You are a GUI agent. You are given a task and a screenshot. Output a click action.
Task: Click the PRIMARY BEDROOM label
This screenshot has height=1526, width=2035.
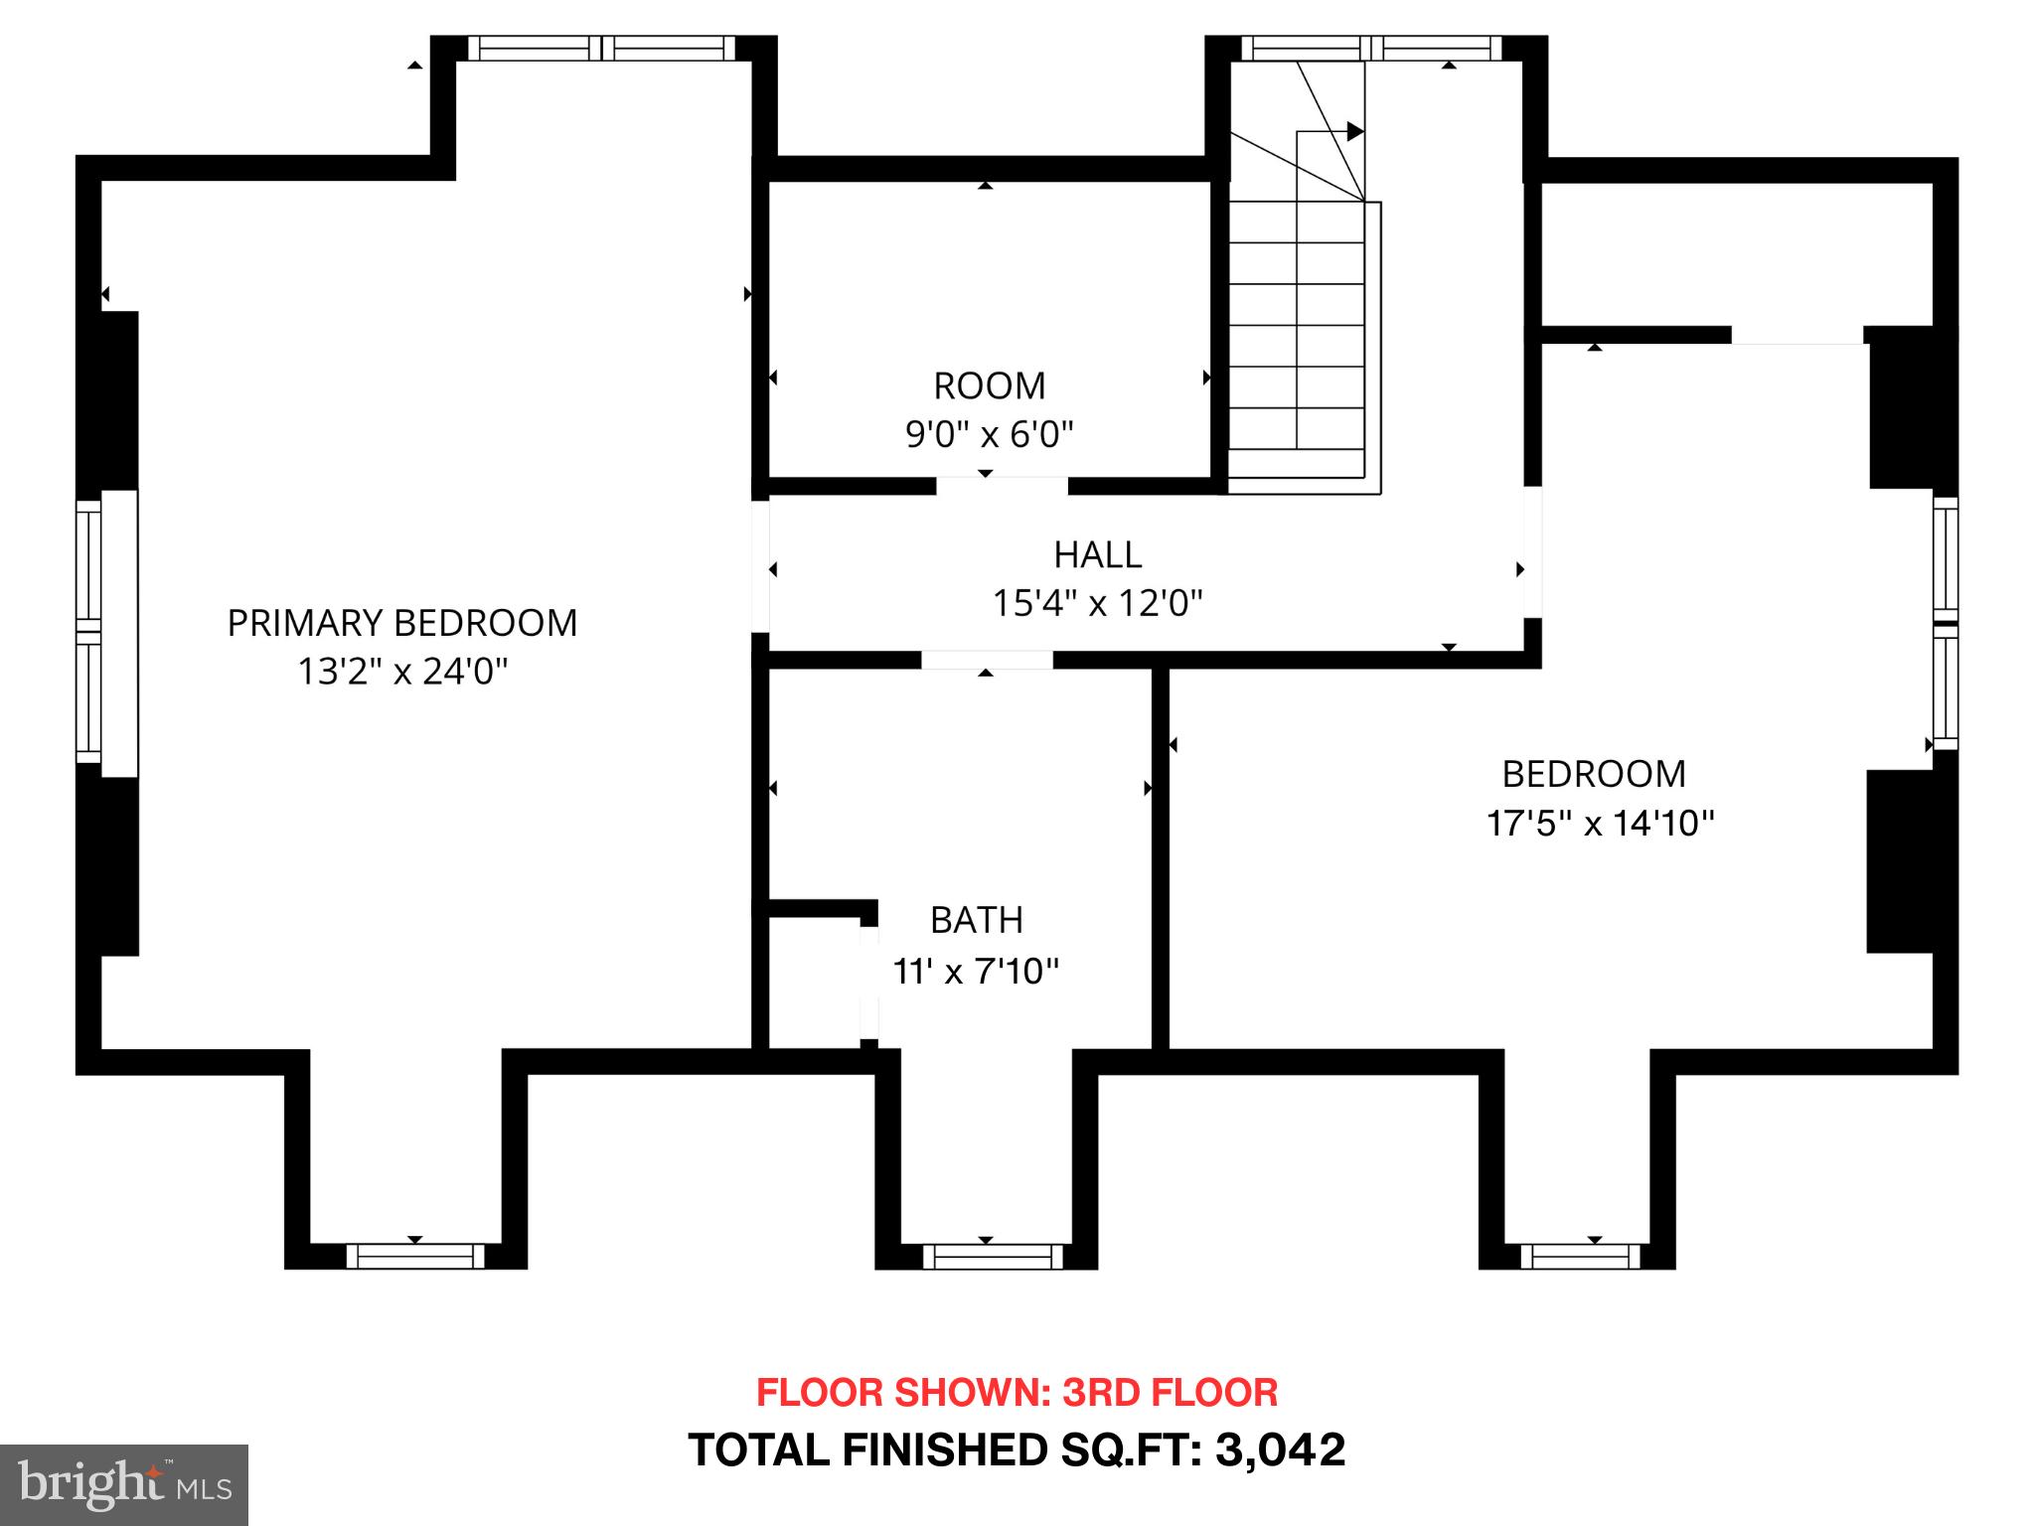click(401, 623)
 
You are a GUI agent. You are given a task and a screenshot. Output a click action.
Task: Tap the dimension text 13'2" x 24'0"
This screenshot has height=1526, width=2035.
click(401, 673)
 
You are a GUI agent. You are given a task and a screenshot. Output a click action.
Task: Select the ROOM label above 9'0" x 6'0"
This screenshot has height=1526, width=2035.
click(989, 385)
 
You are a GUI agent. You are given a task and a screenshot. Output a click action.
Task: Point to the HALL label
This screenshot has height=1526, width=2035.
click(1097, 554)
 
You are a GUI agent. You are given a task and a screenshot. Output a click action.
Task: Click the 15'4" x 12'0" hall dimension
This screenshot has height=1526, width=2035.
click(1097, 603)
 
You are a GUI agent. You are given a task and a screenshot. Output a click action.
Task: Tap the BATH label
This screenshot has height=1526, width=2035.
click(976, 920)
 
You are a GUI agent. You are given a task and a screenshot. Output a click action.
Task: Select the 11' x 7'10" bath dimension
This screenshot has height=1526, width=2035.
click(976, 971)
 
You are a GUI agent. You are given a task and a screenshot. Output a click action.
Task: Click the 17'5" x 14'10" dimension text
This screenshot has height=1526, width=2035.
click(1600, 824)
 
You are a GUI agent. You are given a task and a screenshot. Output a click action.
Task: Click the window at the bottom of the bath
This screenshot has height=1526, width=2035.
click(992, 1257)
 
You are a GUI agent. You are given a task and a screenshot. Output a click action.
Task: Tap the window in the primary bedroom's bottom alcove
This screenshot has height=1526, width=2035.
click(415, 1257)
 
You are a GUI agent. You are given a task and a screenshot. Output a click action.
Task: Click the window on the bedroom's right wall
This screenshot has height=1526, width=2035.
click(1945, 623)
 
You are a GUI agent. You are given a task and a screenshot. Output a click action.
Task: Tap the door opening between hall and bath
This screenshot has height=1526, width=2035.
click(986, 660)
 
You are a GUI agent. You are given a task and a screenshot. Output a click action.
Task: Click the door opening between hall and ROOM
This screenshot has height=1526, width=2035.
click(1002, 486)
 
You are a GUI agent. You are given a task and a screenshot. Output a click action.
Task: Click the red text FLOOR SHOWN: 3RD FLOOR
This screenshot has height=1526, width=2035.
click(1017, 1392)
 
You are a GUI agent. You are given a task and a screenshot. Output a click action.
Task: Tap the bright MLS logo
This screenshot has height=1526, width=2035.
click(123, 1484)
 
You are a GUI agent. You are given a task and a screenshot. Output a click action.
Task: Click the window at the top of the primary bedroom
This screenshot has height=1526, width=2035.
click(601, 48)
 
